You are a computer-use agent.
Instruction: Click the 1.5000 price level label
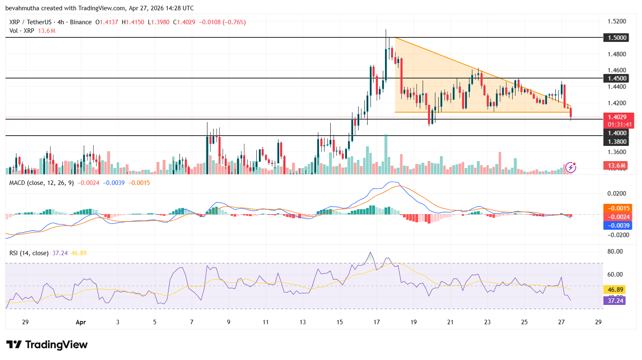click(617, 38)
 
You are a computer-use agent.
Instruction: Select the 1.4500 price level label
click(617, 78)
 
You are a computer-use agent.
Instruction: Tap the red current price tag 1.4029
click(617, 117)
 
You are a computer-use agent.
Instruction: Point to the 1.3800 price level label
click(617, 142)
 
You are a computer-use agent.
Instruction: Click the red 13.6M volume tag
click(617, 166)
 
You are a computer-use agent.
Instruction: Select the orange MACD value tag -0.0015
click(617, 208)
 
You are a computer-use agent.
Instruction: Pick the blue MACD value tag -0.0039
click(617, 225)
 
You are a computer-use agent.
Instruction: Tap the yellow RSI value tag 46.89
click(615, 290)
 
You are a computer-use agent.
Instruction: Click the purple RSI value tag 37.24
click(615, 301)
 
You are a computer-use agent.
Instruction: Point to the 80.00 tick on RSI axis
click(615, 252)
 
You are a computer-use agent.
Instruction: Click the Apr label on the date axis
click(81, 322)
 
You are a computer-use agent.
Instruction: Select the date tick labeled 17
click(377, 322)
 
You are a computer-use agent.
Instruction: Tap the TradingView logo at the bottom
click(47, 344)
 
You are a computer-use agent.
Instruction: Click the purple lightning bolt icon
click(571, 167)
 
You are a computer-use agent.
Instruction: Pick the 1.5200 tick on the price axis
click(617, 21)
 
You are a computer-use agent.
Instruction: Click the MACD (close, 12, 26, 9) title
click(41, 183)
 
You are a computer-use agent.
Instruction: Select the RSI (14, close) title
click(29, 253)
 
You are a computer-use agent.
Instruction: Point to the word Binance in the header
click(81, 22)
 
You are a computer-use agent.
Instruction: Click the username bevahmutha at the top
click(23, 8)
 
